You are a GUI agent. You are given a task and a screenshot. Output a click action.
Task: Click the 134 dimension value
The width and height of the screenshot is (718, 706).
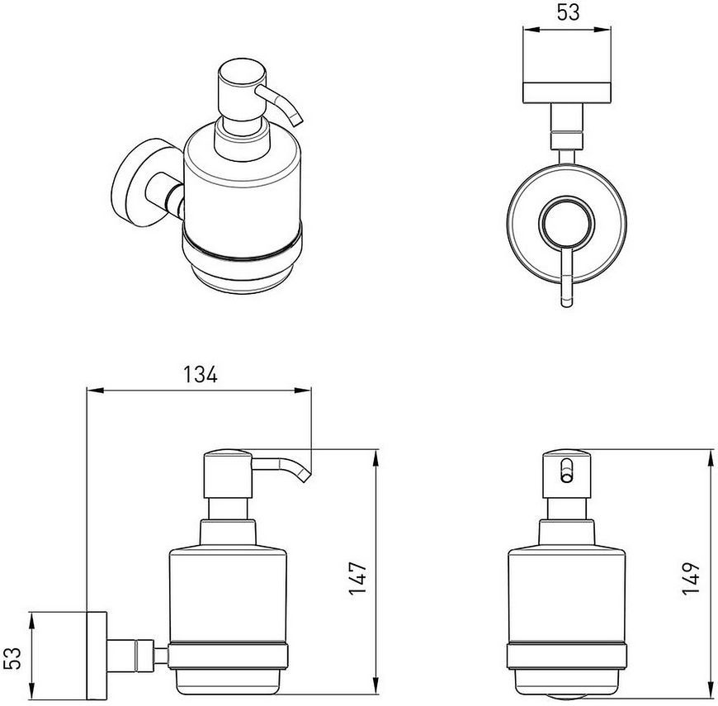(200, 374)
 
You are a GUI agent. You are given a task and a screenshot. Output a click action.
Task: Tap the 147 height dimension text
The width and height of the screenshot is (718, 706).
(358, 578)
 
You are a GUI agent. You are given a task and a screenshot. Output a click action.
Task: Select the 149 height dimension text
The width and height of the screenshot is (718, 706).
(692, 578)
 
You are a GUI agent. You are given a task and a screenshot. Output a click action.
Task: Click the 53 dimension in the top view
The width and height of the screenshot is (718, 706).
(569, 12)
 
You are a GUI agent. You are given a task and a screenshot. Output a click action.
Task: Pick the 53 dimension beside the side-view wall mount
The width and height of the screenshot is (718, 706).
(15, 658)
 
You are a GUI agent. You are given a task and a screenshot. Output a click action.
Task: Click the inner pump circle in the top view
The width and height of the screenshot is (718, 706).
(567, 223)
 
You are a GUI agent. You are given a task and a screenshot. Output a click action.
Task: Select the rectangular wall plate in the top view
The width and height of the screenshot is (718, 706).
(567, 92)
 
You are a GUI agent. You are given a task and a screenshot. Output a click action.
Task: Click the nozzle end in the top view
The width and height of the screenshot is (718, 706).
(567, 303)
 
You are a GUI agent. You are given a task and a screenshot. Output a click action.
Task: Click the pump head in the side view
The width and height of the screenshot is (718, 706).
(228, 474)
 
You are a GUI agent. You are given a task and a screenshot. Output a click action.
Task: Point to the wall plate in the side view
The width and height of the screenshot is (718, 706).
(97, 656)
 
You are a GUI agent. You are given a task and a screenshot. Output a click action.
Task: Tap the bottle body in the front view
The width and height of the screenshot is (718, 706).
(567, 595)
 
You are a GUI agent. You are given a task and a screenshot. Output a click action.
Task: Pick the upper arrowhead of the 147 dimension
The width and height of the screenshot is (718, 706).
(376, 459)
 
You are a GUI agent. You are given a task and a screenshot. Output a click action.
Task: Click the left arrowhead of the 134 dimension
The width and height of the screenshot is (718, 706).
(96, 391)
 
